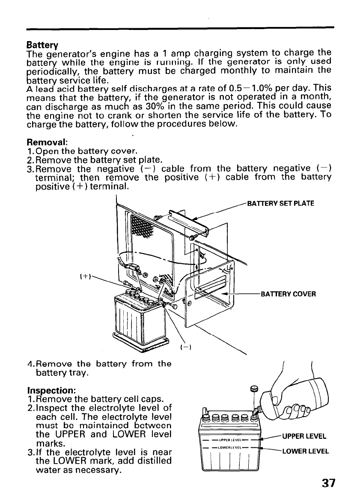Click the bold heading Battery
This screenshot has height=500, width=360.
pos(42,45)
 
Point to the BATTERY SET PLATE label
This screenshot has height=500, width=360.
pos(281,203)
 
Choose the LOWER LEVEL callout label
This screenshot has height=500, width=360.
pos(305,451)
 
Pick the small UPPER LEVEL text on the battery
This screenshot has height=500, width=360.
pos(229,440)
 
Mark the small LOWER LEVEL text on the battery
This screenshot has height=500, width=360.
pos(229,447)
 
